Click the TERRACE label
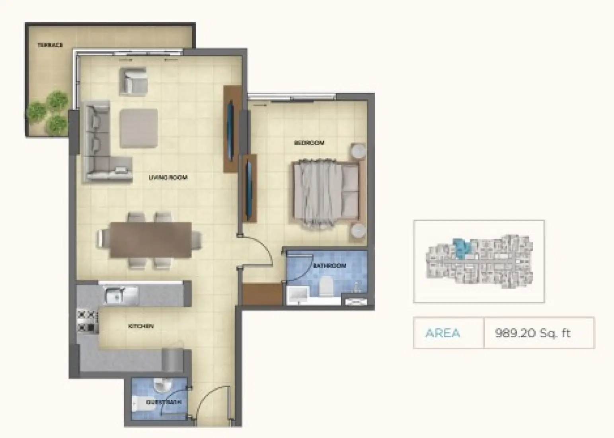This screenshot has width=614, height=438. point(50,45)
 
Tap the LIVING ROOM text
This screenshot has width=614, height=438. point(168,178)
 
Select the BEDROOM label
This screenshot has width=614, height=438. point(309,143)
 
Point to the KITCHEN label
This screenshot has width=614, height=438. point(141,326)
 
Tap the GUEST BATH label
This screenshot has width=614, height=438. point(164,402)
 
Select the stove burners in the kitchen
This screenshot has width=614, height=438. point(86,321)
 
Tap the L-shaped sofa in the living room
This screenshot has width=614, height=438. point(97,143)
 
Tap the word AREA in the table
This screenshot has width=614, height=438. point(442,333)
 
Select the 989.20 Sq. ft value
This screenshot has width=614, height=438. point(532,333)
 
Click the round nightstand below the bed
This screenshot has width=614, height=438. point(358,231)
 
